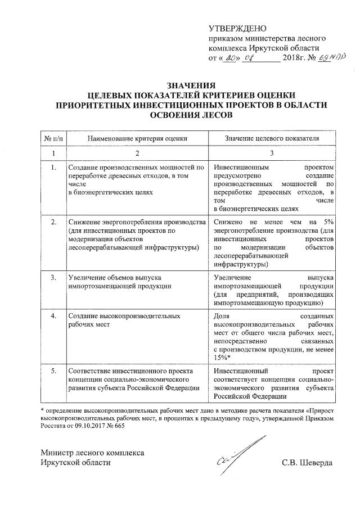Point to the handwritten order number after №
[328, 58]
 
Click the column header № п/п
[53, 138]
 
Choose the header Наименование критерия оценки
[137, 138]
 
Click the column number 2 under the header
[137, 153]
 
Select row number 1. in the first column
[53, 168]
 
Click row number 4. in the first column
[53, 317]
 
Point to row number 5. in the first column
[53, 371]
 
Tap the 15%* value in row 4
[223, 358]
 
